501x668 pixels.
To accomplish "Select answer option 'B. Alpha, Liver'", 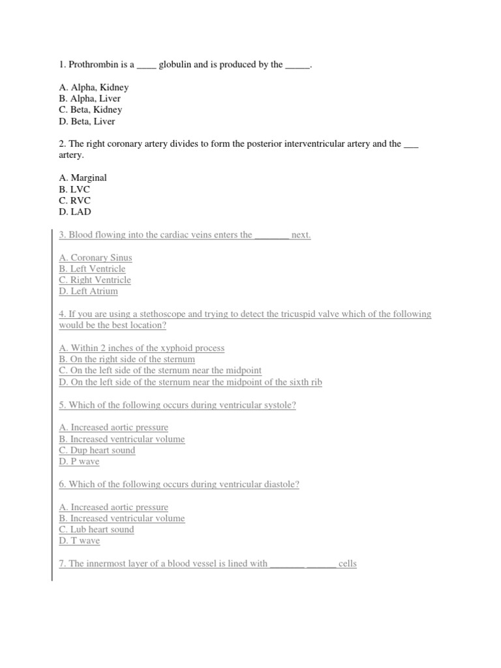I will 89,99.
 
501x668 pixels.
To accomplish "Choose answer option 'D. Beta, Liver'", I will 87,121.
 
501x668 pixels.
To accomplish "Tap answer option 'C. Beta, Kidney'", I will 90,110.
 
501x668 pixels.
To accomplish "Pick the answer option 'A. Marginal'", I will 82,177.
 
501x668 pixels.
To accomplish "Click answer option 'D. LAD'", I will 74,211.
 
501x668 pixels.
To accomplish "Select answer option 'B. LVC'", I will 74,189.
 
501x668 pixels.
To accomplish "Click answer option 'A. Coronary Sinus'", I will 95,258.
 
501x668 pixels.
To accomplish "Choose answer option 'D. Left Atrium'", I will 88,291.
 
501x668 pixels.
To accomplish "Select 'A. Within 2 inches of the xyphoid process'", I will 142,348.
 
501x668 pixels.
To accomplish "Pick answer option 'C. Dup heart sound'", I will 97,450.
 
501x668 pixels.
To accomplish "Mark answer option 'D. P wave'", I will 79,462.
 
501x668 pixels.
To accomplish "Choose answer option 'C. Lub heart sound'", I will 96,530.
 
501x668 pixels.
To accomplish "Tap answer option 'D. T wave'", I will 79,541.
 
